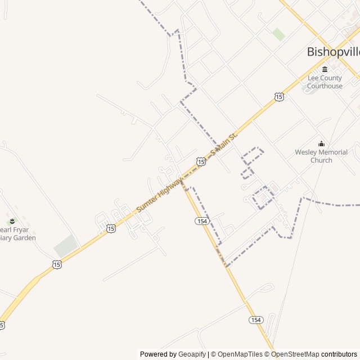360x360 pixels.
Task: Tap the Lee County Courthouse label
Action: (325, 82)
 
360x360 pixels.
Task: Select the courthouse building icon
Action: (325, 69)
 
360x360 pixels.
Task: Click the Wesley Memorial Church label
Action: (321, 156)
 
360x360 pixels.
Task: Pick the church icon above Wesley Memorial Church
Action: (321, 143)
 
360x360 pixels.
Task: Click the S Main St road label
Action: (224, 143)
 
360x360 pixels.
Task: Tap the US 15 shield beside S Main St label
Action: (201, 161)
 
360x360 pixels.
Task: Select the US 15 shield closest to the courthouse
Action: (280, 97)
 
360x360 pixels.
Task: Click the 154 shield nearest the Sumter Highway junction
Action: (202, 222)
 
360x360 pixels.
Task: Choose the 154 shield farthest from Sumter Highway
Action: (256, 319)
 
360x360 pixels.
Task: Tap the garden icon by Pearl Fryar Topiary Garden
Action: (11, 219)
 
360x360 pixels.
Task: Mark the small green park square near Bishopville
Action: (278, 34)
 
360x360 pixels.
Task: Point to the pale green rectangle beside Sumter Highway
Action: (66, 246)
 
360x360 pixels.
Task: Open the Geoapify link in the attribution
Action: (192, 354)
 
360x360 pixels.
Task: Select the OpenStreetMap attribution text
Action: (295, 354)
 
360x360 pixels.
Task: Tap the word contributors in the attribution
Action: (339, 354)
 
